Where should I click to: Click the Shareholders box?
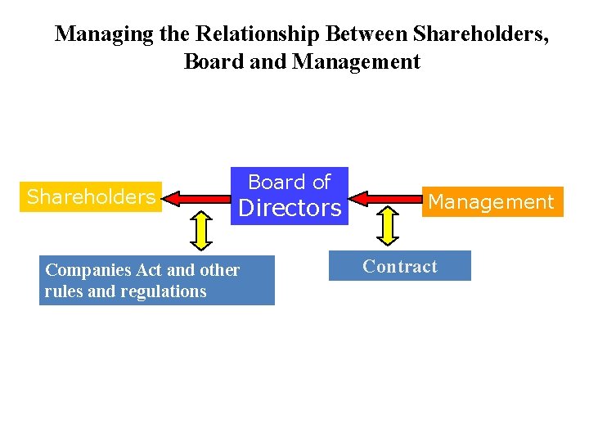pyautogui.click(x=91, y=196)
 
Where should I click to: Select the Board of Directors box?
pyautogui.click(x=290, y=196)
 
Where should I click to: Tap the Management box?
pyautogui.click(x=491, y=201)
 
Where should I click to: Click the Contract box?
pyautogui.click(x=399, y=266)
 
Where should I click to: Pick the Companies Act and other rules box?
pyautogui.click(x=156, y=281)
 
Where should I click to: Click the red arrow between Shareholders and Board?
pyautogui.click(x=197, y=197)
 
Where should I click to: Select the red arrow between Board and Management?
pyautogui.click(x=384, y=197)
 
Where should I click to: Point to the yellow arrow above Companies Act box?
pyautogui.click(x=200, y=230)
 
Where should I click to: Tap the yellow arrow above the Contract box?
pyautogui.click(x=389, y=226)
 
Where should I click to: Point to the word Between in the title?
pyautogui.click(x=366, y=34)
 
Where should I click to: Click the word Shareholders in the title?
pyautogui.click(x=479, y=34)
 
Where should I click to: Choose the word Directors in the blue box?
pyautogui.click(x=290, y=208)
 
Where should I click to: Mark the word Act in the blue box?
pyautogui.click(x=145, y=269)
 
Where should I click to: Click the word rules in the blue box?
pyautogui.click(x=63, y=291)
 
